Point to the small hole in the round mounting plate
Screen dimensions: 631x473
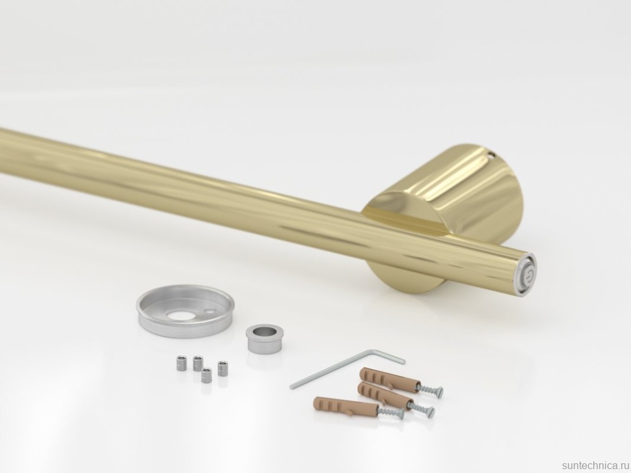tap(209, 311)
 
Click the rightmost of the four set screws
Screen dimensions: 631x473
tap(222, 368)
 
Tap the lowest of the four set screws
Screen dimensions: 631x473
tap(206, 375)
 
